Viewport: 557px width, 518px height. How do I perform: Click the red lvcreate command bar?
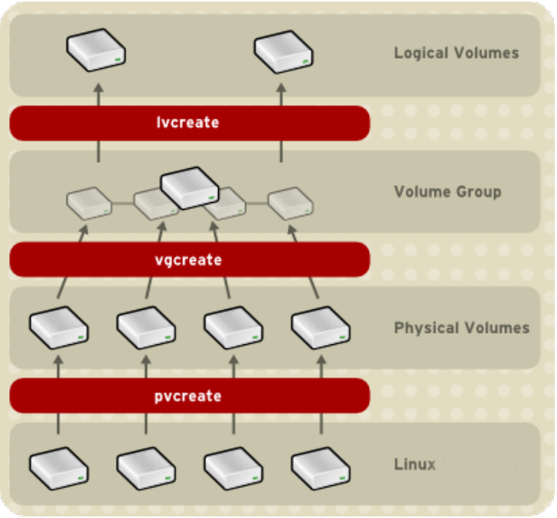189,122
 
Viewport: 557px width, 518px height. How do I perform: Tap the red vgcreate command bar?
189,259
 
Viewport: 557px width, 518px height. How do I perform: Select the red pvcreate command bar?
189,396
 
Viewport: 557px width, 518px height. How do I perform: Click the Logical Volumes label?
456,53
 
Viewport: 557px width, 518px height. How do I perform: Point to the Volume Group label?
448,191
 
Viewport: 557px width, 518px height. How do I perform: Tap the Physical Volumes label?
461,327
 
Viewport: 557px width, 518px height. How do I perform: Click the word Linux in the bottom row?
415,464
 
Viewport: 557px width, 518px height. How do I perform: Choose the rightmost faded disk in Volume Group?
290,202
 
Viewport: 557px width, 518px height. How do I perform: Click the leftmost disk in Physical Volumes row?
59,327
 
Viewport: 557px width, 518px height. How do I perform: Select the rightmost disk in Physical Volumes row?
321,327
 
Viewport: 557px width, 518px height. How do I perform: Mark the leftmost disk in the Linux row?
59,463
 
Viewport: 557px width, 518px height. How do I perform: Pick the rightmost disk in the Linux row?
321,463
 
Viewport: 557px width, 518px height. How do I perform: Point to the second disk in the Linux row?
146,463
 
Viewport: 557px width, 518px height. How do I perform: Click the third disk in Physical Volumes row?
233,327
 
